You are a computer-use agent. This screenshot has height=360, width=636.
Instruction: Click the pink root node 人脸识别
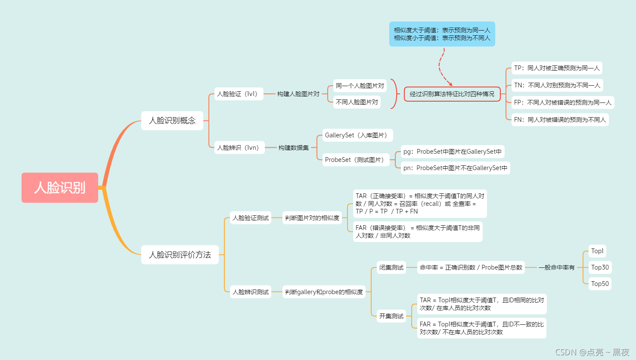[60, 188]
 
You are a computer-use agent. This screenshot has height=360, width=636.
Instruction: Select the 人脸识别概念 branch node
[172, 121]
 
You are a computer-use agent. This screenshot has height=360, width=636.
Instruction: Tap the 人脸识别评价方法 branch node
[180, 255]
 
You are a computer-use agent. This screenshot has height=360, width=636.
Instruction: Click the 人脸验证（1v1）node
[239, 94]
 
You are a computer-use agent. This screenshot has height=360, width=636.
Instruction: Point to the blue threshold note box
[442, 34]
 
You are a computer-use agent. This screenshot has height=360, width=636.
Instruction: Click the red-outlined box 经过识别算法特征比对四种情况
[452, 94]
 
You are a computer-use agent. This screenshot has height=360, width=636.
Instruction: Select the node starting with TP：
[557, 68]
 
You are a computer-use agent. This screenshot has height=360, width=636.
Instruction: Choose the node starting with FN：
[560, 120]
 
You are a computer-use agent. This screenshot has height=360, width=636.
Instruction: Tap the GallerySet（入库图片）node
[357, 135]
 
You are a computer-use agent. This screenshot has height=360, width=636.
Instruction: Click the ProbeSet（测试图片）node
[356, 160]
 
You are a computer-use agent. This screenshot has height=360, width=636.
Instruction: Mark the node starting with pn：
[455, 168]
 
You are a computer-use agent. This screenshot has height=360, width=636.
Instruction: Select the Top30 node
[600, 267]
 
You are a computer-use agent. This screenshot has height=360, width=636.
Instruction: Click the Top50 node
[600, 284]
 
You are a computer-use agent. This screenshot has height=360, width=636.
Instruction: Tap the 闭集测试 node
[391, 267]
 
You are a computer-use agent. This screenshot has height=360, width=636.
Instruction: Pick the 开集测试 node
[391, 316]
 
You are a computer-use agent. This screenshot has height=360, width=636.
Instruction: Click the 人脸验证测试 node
[251, 218]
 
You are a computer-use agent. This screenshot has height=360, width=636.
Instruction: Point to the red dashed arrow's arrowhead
[450, 84]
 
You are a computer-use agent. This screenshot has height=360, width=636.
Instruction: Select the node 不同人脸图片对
[357, 102]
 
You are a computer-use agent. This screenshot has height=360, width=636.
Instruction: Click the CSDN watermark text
[592, 352]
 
